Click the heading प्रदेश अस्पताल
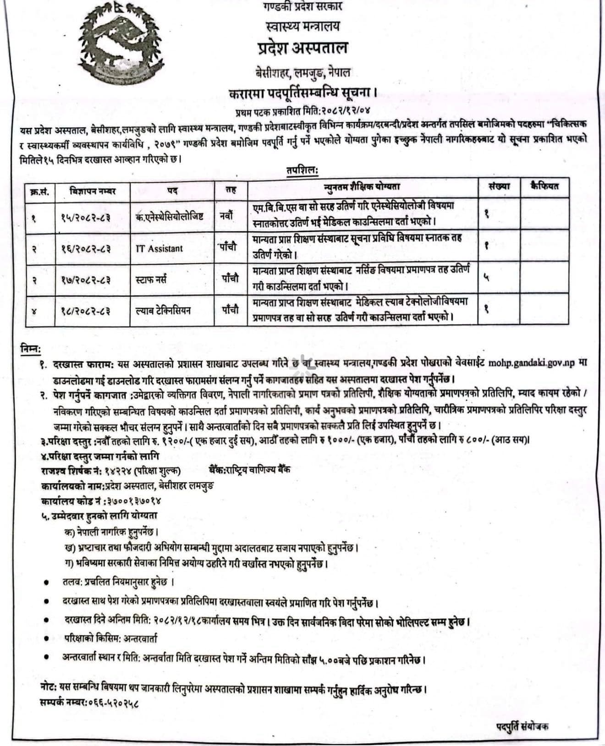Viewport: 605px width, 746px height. [x=302, y=48]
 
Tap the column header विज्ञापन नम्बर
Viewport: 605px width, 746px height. [x=93, y=189]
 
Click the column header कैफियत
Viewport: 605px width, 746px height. [x=544, y=186]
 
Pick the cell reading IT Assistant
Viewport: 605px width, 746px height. [x=159, y=249]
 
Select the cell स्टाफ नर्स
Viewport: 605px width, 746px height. [x=151, y=279]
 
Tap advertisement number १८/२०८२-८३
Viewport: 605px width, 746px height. [x=86, y=311]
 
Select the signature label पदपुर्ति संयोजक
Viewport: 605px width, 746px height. [x=523, y=726]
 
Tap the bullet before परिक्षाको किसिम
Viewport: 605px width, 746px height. [x=46, y=638]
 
